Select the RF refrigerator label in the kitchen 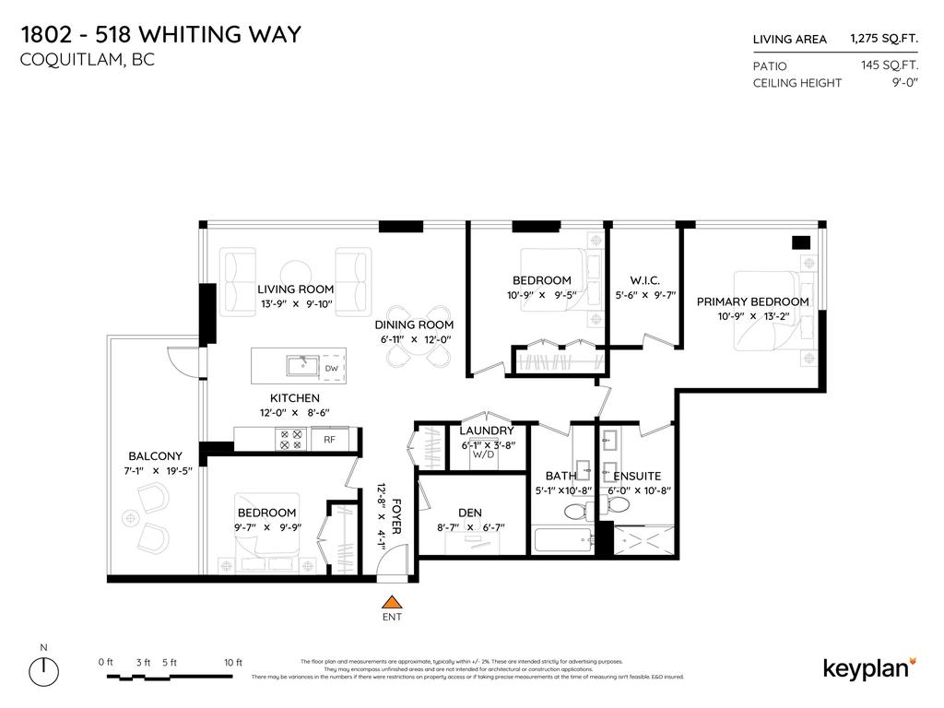pyautogui.click(x=329, y=441)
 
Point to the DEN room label pyautogui.click(x=470, y=513)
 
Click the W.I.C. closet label pyautogui.click(x=644, y=280)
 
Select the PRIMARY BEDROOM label pyautogui.click(x=752, y=301)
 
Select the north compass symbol pyautogui.click(x=43, y=667)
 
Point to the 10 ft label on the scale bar pyautogui.click(x=232, y=662)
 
